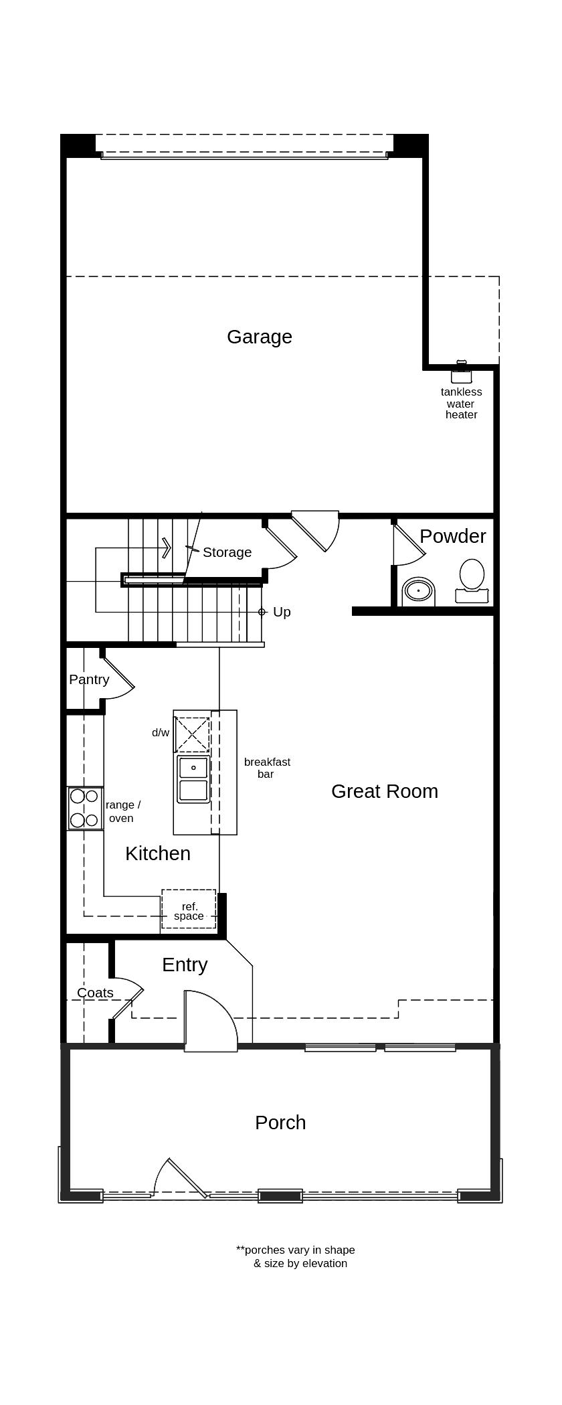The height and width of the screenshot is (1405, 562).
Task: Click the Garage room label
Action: coord(260,337)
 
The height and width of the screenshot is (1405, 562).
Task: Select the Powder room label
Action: coord(452,536)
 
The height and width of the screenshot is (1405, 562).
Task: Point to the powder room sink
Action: coord(419,591)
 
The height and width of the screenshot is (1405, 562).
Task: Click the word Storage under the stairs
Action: coord(227,552)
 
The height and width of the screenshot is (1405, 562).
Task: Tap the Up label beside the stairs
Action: coord(282,612)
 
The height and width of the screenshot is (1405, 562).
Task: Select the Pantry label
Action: coord(89,679)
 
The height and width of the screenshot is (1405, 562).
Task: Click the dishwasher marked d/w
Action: coord(192,734)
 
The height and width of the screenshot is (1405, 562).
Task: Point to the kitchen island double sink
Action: coord(193,778)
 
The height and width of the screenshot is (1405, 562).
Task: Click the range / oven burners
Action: coord(85,809)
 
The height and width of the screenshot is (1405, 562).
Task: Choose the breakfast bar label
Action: coord(267,768)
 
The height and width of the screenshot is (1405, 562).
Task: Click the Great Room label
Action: coord(385,791)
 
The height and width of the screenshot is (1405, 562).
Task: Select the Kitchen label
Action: coord(158,853)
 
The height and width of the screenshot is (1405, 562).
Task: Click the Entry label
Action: coord(185,965)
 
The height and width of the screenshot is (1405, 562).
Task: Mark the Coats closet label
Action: coord(95,993)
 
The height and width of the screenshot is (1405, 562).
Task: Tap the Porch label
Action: coord(280,1123)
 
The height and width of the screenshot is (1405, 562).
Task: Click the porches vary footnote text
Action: coord(296,1256)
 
